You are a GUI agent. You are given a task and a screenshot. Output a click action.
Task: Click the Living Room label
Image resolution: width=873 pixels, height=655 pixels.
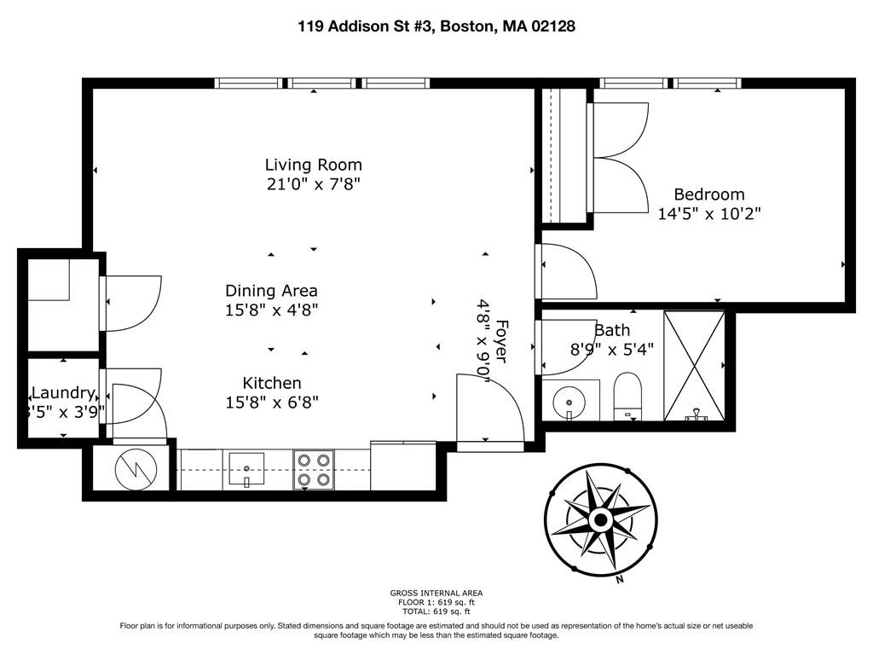(313, 165)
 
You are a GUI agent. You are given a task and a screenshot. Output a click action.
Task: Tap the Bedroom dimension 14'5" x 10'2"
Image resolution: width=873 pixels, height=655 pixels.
(708, 213)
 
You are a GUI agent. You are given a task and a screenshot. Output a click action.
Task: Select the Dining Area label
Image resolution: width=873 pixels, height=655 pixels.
(271, 291)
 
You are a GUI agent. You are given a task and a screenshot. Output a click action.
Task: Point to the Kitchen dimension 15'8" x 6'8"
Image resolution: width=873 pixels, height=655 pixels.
(272, 402)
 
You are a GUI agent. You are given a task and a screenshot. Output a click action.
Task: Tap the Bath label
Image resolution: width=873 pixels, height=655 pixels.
(612, 330)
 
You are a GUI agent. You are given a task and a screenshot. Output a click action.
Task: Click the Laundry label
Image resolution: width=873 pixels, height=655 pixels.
(62, 393)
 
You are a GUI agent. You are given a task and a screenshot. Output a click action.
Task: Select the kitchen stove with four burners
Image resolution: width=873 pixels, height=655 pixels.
(313, 470)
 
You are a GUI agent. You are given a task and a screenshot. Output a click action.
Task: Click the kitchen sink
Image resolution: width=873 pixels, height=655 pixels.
(246, 468)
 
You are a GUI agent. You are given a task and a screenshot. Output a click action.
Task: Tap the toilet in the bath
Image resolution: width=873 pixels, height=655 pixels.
(627, 395)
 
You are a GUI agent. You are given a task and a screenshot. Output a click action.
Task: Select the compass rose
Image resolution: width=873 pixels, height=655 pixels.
(599, 519)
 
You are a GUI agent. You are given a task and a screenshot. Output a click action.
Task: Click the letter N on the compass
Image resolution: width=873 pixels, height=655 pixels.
(619, 580)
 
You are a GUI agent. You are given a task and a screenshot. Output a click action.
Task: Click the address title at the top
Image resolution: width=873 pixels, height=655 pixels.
(436, 26)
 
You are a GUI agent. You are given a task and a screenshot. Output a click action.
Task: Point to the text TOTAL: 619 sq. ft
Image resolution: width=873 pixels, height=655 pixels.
(436, 612)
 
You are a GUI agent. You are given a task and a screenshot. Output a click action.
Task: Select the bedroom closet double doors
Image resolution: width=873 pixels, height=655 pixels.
(620, 157)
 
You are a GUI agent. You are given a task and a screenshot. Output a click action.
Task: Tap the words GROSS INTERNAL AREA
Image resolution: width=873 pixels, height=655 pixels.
(436, 593)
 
